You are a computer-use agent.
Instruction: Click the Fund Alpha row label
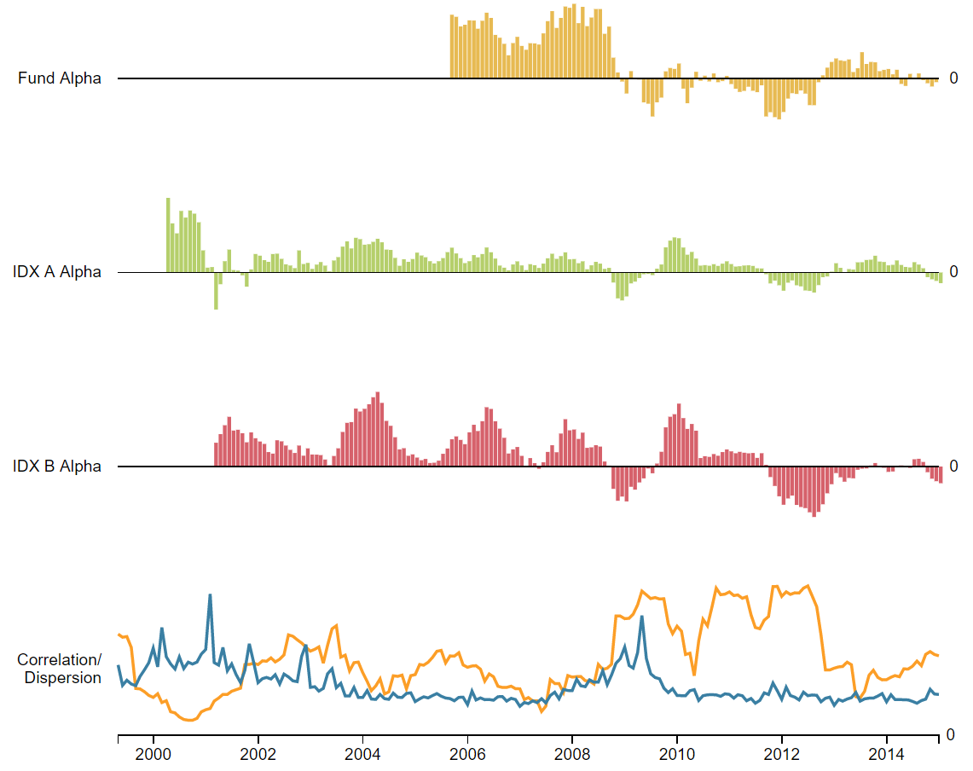[x=60, y=78]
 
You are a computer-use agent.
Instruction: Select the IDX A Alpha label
[x=57, y=272]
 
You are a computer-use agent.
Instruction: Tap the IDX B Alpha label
[x=57, y=467]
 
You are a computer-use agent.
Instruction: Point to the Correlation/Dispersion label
[x=60, y=670]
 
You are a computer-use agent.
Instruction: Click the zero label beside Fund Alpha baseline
[x=954, y=78]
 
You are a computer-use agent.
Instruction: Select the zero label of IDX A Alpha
[x=954, y=272]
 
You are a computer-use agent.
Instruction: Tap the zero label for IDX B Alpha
[x=954, y=467]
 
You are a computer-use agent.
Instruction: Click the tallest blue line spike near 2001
[x=210, y=595]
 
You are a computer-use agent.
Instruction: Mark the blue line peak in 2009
[x=641, y=617]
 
